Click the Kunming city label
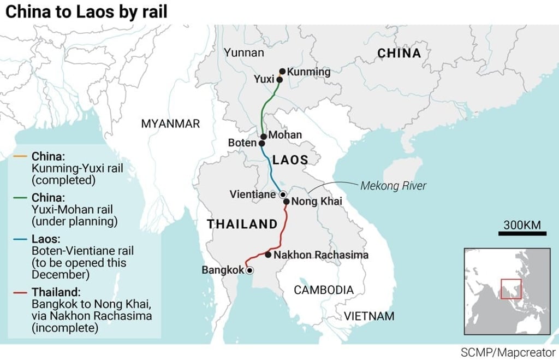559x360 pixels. pos(308,72)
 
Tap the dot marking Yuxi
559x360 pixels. pos(279,80)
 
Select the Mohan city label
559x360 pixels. pos(285,135)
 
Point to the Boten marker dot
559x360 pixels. pos(261,143)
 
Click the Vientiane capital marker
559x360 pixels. pos(282,194)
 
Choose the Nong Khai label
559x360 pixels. pos(317,202)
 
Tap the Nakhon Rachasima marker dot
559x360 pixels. pos(268,255)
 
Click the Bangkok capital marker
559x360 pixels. pos(249,270)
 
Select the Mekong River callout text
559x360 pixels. pos(393,186)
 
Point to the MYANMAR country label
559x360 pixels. pos(170,123)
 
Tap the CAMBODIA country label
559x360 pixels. pos(324,290)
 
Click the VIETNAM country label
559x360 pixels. pos(368,316)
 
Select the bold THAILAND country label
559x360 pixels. pos(242,223)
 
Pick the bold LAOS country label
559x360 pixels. pos(290,160)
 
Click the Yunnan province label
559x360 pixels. pos(243,53)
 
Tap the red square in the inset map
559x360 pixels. pos(512,288)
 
